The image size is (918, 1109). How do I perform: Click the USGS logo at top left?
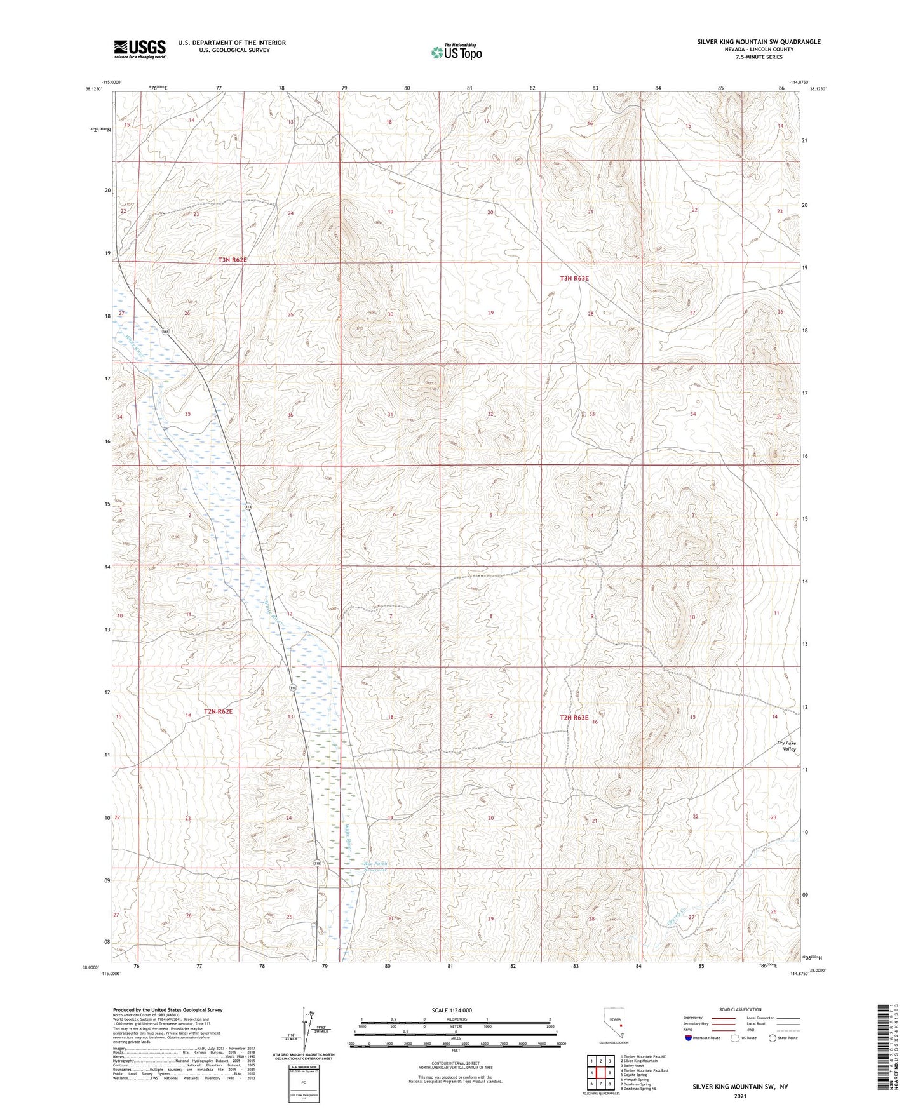140,48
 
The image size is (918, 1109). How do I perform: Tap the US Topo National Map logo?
456,52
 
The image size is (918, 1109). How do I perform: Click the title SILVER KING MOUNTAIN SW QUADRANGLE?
759,42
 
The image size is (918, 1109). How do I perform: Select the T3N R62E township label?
232,260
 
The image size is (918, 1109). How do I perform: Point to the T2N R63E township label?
574,717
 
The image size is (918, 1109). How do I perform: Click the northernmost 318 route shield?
166,332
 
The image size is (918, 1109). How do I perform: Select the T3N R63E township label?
574,278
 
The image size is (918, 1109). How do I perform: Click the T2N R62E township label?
218,712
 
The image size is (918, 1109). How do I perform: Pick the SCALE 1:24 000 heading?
452,1010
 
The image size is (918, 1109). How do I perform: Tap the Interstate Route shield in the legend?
689,1038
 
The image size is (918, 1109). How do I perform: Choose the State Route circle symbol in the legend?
773,1038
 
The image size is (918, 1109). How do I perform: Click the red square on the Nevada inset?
621,1025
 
